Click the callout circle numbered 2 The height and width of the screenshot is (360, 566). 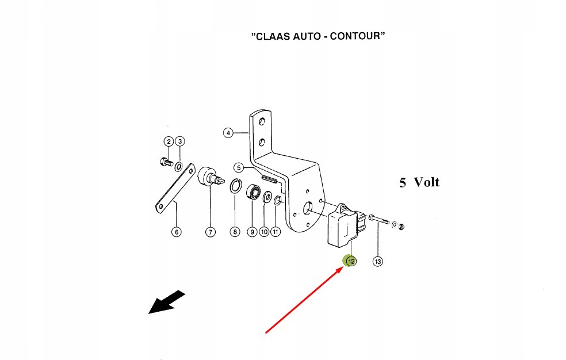point(169,141)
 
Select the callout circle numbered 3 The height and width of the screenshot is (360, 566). point(179,141)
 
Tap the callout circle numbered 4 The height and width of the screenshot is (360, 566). point(228,133)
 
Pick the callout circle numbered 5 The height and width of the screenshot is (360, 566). point(239,168)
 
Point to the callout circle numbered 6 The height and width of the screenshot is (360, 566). point(176,232)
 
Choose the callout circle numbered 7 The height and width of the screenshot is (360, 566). point(210,232)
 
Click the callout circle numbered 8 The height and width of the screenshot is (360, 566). point(235,232)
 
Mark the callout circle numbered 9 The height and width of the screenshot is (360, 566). point(252,232)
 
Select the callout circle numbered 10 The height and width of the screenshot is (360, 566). point(264,232)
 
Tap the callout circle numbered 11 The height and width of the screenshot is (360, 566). point(276,232)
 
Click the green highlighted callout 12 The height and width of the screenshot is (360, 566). point(350,261)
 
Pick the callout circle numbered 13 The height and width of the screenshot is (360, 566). point(378,262)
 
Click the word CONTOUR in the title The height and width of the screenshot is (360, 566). point(356,36)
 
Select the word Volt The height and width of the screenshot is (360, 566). point(426,183)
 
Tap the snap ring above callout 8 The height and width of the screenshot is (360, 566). point(235,187)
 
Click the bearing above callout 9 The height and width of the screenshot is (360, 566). point(252,192)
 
